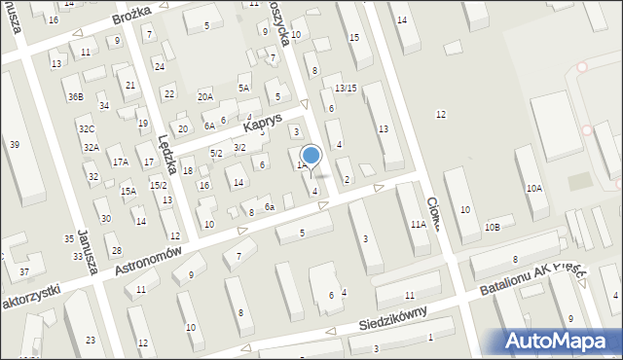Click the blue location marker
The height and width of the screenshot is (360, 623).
pos(311,155)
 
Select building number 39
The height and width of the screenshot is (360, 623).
pos(14,144)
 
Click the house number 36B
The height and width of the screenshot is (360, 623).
pos(75,97)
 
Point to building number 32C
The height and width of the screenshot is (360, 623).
pos(87,128)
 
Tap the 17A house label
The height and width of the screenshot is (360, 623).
pos(120,162)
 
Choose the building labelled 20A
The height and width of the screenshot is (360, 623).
pos(204,96)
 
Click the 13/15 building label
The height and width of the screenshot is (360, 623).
pos(346,89)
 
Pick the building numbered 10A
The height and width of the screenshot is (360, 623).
pos(534,188)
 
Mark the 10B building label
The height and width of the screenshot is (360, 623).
pos(493,228)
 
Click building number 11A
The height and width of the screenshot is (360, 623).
pos(418,224)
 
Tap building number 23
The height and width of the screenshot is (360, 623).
pos(91,340)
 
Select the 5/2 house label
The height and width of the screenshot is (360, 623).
pos(217,153)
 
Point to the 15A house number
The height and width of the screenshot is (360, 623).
pos(128,192)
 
